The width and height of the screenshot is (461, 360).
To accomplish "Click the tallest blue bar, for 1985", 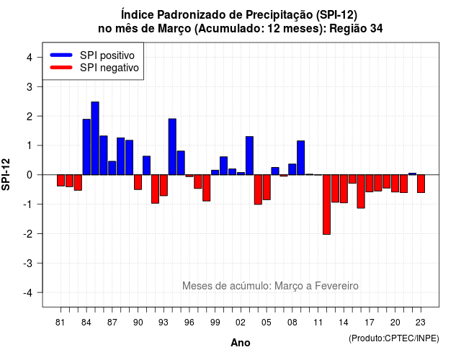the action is coord(95,138).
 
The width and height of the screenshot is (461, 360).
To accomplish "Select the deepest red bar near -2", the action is coord(326,204).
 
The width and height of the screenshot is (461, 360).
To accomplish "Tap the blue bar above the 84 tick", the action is coord(86,147).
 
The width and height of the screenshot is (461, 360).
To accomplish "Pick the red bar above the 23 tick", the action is coord(421,184).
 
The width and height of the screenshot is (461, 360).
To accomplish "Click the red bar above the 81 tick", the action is coord(61,181).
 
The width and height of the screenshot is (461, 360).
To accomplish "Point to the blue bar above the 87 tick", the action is coord(112,168).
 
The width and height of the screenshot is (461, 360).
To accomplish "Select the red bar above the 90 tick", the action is coord(138,182).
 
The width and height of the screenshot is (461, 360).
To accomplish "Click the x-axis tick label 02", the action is coord(241,323).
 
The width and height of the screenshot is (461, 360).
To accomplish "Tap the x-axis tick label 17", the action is coord(370,323).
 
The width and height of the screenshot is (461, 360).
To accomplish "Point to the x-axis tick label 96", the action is coord(189,323).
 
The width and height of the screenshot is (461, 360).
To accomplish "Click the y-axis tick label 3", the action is coord(30,86).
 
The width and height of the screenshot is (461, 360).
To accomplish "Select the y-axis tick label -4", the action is coord(28,292).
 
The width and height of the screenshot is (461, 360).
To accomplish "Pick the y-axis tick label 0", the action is coord(30,175).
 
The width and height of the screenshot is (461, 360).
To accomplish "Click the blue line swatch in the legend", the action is coord(61,55).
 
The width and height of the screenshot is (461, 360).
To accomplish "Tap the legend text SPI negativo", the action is coord(109,68).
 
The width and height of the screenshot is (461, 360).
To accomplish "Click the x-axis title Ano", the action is coord(241,343).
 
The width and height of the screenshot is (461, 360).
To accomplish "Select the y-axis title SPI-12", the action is coord(6,174).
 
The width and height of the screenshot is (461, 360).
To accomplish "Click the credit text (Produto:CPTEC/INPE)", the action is coord(394,338).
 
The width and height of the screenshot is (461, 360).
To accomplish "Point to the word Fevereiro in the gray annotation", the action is coord(336,286).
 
